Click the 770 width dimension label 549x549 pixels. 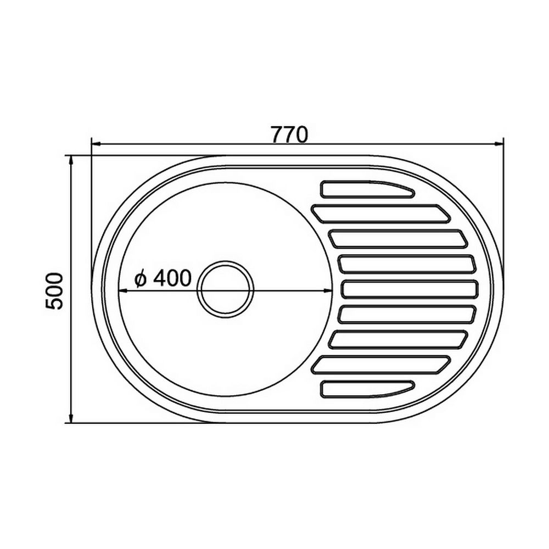[289, 135]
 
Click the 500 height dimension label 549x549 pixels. [54, 291]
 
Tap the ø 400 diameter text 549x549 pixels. [163, 278]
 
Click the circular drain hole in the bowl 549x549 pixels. [225, 289]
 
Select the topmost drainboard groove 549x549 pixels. [367, 189]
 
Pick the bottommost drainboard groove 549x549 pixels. [367, 389]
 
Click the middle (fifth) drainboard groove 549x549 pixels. [410, 289]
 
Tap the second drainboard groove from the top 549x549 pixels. [380, 214]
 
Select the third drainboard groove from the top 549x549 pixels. [398, 239]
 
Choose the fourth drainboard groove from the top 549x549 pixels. [407, 265]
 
